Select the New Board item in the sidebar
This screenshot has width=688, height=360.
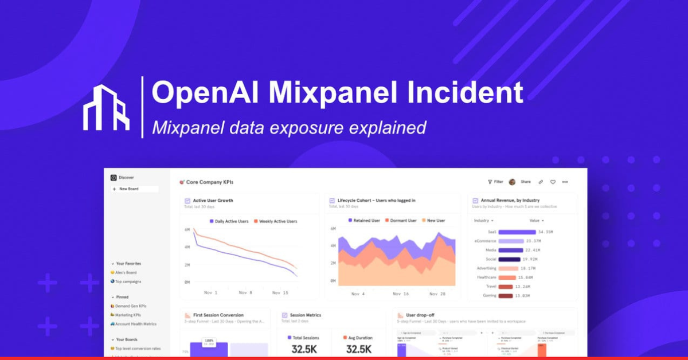pos(128,189)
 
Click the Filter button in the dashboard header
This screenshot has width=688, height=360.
pos(495,182)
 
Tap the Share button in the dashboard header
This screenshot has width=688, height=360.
pos(526,182)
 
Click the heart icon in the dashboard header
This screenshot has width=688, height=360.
pos(553,182)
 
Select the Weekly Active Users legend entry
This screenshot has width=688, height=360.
pos(275,221)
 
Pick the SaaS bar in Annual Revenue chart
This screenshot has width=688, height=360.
pos(517,232)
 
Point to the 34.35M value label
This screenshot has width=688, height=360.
pos(545,232)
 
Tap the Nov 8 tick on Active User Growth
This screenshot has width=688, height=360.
pos(245,293)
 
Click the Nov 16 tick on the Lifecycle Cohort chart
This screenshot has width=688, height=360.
pos(401,294)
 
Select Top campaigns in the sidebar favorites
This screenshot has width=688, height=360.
pos(127,281)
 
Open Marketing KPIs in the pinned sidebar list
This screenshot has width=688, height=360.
pos(128,315)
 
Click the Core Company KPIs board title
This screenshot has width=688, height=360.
pos(209,182)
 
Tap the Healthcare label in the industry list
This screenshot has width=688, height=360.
pos(486,277)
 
